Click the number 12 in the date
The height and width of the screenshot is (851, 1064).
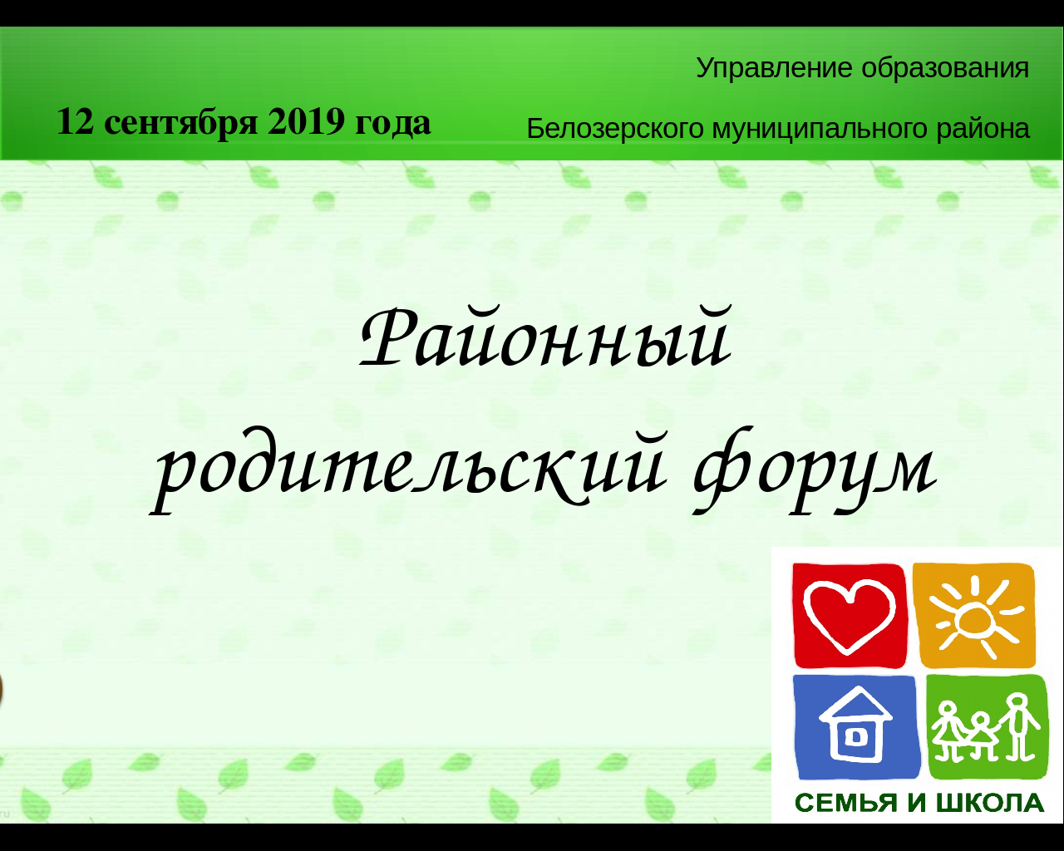point(75,122)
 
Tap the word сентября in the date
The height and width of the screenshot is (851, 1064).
point(181,123)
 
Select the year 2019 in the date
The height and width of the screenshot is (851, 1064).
point(306,122)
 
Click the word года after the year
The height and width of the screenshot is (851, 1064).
point(392,123)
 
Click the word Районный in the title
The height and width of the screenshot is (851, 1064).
point(545,338)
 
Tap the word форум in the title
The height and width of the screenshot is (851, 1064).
point(815,470)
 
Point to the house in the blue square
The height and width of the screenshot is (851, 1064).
point(855,725)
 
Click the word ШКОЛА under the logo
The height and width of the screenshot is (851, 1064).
point(990,804)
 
